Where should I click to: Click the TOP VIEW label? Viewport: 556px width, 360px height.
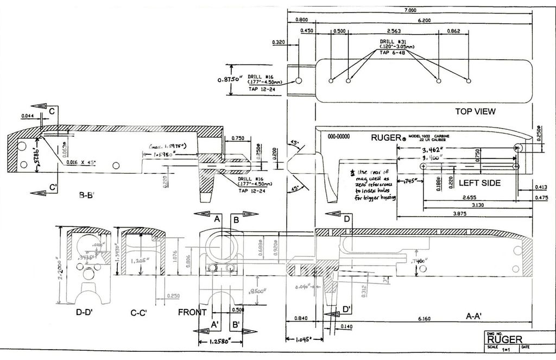(475, 111)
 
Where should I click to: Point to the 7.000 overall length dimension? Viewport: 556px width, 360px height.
(410, 10)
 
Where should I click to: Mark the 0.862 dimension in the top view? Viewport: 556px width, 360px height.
(453, 31)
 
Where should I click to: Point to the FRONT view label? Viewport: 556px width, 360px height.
(192, 312)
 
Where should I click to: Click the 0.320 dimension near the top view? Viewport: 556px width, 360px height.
(277, 41)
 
